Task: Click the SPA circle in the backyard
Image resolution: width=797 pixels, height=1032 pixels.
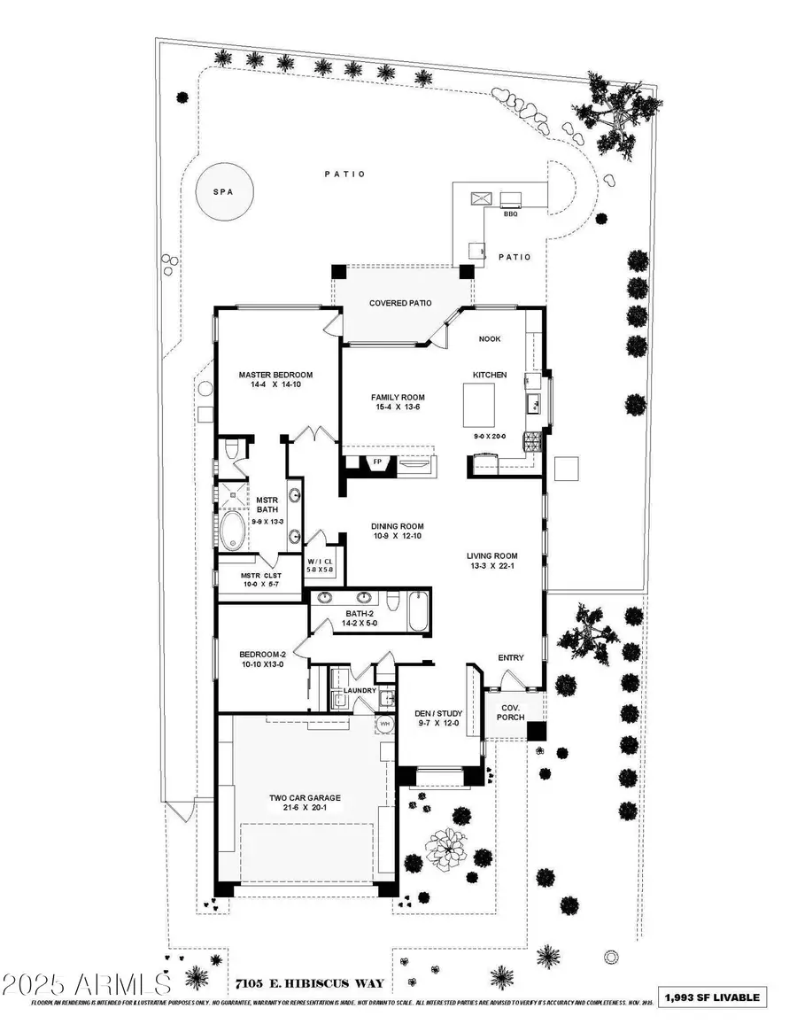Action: point(225,192)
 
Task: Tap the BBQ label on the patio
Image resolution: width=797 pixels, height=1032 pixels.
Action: point(510,214)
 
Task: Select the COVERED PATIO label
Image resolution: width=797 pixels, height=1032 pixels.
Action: point(400,303)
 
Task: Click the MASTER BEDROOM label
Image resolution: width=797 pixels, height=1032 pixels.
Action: point(275,375)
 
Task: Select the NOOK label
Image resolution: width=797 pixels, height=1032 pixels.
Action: point(491,338)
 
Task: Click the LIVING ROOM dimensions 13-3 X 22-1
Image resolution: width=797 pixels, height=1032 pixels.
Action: point(492,568)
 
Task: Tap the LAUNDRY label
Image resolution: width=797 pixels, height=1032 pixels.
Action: point(360,690)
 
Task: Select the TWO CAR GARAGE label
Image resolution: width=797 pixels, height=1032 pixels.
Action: point(305,797)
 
